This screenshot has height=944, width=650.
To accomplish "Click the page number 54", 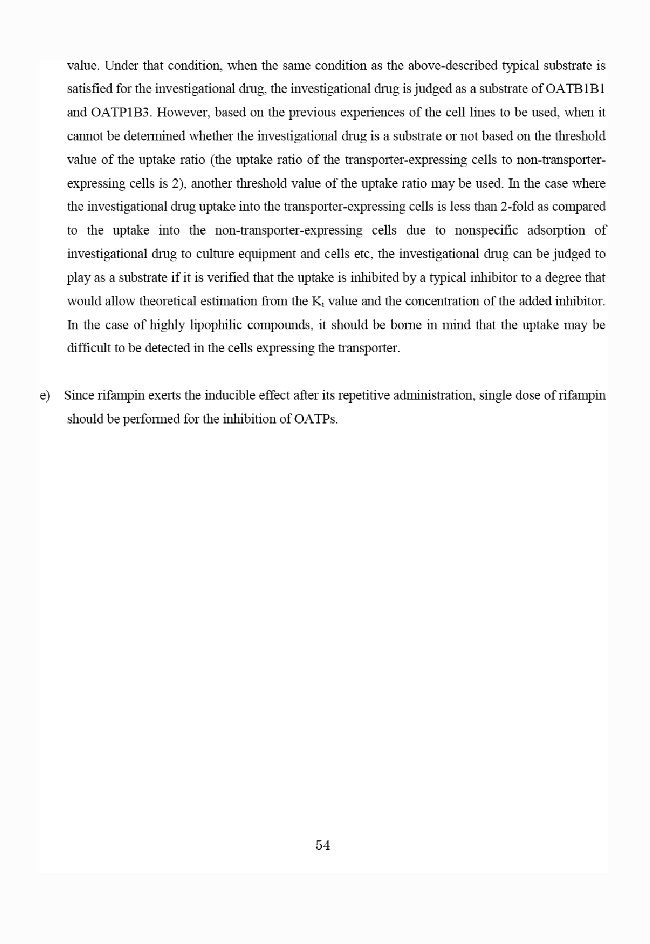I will [x=323, y=845].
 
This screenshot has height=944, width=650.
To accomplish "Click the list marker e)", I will [x=45, y=396].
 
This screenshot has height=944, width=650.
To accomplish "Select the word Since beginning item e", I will [x=79, y=396].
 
